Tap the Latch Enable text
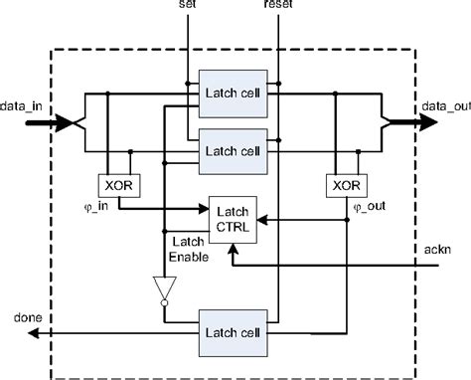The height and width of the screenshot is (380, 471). pyautogui.click(x=188, y=249)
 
